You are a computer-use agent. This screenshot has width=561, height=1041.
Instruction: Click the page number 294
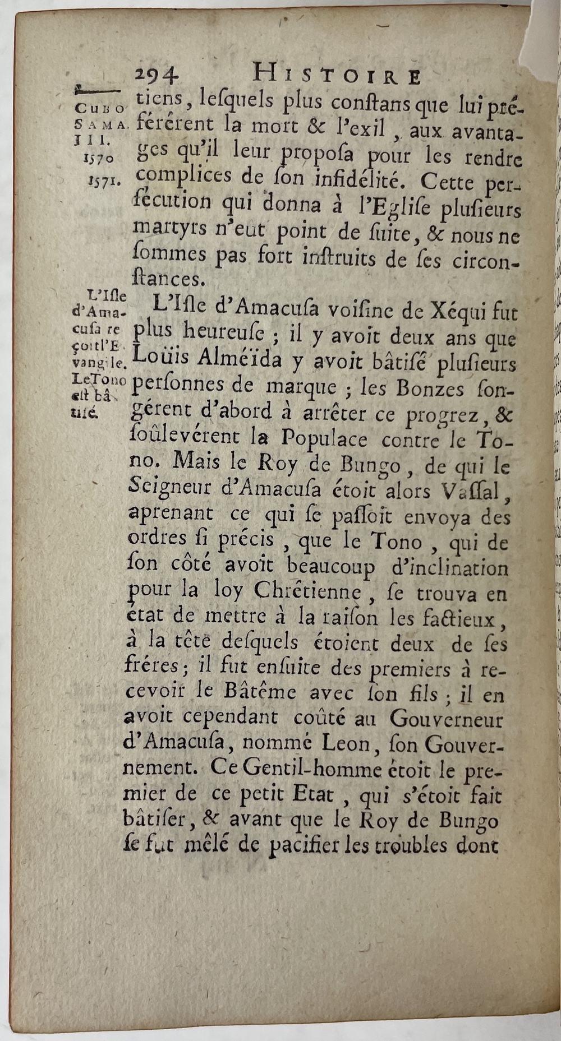point(157,75)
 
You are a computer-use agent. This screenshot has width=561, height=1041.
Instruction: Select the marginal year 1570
point(99,158)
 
